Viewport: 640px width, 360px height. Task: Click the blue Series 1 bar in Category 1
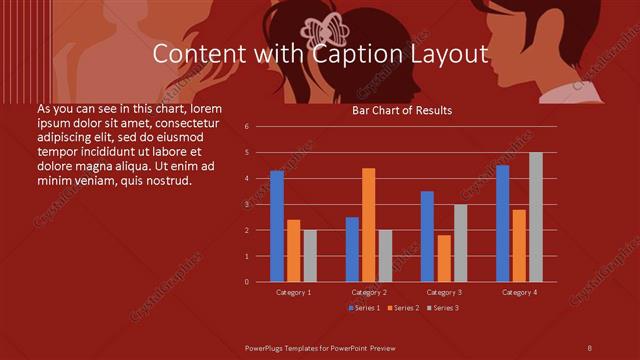[x=277, y=226]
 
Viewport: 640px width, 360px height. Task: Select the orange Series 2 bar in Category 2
[x=369, y=225]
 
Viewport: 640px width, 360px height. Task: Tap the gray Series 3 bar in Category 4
[x=536, y=217]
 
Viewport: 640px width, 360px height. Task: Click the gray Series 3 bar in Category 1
[x=310, y=256]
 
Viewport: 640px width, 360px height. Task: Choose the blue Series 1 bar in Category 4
[x=502, y=223]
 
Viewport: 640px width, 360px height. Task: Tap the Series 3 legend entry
[x=444, y=308]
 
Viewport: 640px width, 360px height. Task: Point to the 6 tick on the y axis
[x=261, y=127]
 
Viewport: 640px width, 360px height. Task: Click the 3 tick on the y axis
[x=261, y=204]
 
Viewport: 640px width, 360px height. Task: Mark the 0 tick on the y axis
[x=261, y=282]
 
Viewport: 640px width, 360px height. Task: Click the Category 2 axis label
[x=369, y=292]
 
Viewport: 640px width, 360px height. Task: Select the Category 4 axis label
[x=519, y=292]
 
